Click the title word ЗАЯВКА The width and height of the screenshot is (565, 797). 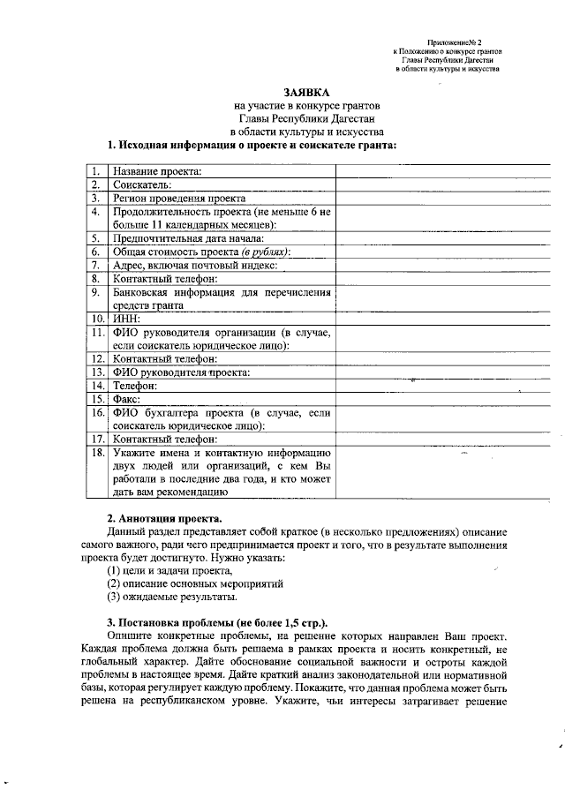pyautogui.click(x=305, y=91)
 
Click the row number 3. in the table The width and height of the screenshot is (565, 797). pyautogui.click(x=95, y=199)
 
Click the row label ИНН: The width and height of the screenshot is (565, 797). pyautogui.click(x=129, y=318)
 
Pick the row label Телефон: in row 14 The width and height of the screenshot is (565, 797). pyautogui.click(x=138, y=386)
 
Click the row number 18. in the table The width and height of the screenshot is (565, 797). pyautogui.click(x=97, y=453)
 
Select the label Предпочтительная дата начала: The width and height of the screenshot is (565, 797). pyautogui.click(x=189, y=238)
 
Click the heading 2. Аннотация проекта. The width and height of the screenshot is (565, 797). pyautogui.click(x=165, y=517)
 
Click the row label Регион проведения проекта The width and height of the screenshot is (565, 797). pyautogui.click(x=178, y=199)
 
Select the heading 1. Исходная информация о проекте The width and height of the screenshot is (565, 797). pyautogui.click(x=251, y=144)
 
